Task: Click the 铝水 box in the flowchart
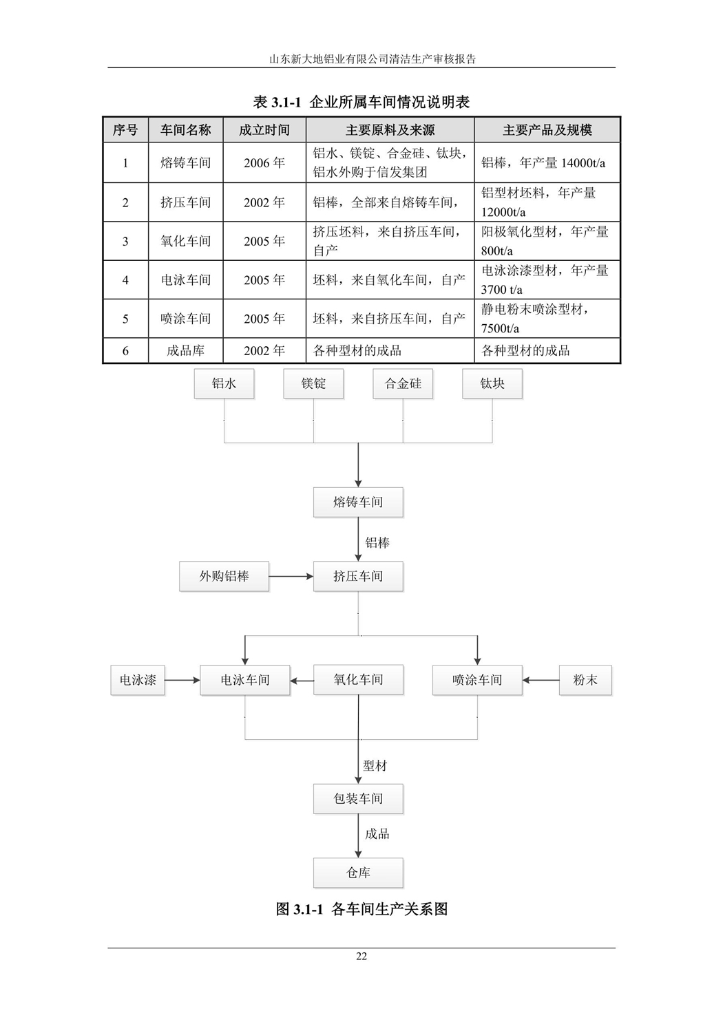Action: pos(224,383)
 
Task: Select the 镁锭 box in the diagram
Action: pos(313,383)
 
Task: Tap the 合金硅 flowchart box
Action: pos(403,383)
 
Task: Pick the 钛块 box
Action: pos(492,383)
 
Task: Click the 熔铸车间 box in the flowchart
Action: pos(358,502)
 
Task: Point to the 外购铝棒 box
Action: pos(224,576)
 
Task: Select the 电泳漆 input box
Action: pos(138,680)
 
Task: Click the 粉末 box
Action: pos(585,680)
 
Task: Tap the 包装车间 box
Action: pos(358,799)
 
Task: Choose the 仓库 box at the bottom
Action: pos(358,873)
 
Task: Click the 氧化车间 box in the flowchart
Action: pos(358,680)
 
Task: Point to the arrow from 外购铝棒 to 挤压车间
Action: pos(291,576)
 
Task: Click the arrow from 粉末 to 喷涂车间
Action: pos(541,680)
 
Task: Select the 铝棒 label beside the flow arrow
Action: pos(377,543)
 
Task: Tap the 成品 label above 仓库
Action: pos(377,834)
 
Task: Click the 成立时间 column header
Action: pos(264,130)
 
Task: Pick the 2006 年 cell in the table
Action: pos(264,163)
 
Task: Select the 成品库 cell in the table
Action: pos(185,350)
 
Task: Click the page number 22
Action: pos(361,956)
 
